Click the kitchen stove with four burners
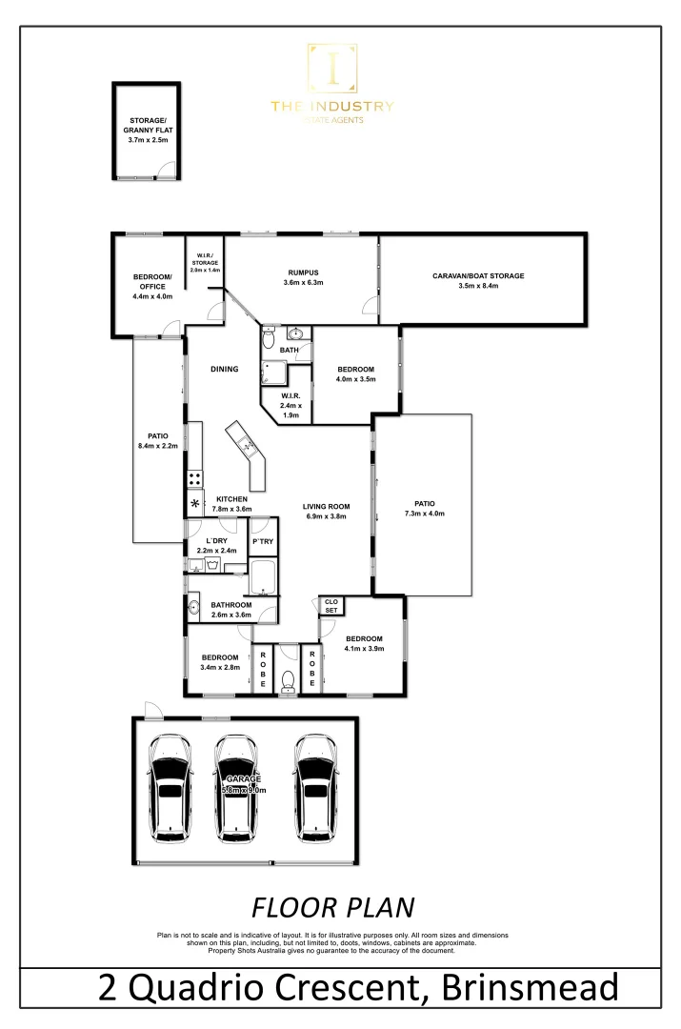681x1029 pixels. (x=194, y=479)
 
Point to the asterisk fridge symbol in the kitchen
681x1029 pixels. (x=196, y=504)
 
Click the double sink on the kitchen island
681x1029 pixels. (x=247, y=443)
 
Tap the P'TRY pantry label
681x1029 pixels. (x=262, y=542)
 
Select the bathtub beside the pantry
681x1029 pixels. (x=263, y=578)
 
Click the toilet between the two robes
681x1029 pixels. (x=288, y=679)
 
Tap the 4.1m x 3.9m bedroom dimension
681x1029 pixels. (x=364, y=650)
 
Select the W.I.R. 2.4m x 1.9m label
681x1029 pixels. (x=291, y=405)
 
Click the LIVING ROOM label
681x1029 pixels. (x=327, y=507)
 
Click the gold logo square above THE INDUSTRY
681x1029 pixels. (x=331, y=70)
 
